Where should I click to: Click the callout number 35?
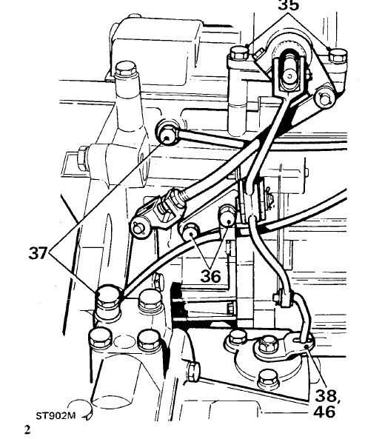(289, 5)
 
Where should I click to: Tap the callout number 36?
(210, 276)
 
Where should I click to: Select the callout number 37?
(38, 253)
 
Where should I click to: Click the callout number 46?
(324, 412)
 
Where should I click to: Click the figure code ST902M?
(56, 415)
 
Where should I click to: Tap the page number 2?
(27, 429)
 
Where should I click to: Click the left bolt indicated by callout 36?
(190, 231)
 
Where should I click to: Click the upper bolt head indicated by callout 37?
(167, 134)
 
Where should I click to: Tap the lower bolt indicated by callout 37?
(108, 298)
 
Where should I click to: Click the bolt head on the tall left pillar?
(126, 69)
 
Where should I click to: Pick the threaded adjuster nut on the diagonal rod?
(176, 198)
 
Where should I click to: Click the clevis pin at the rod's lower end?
(139, 227)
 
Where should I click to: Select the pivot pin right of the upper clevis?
(324, 98)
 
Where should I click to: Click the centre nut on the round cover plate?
(266, 346)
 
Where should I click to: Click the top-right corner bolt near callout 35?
(338, 56)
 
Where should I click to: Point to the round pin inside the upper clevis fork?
(289, 76)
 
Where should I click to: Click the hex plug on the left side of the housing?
(83, 158)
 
